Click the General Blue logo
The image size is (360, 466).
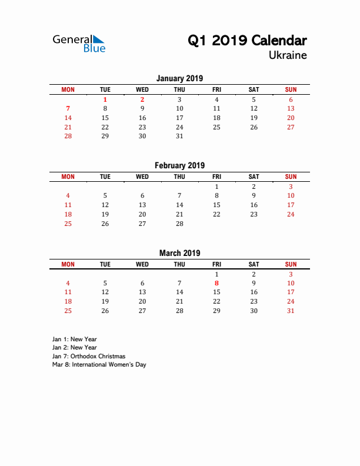(79, 43)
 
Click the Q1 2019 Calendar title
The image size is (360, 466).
(247, 41)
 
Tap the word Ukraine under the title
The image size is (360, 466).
(288, 55)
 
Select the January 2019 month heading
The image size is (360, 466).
(179, 78)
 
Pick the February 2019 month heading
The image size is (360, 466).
(179, 165)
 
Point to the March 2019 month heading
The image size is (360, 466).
(179, 253)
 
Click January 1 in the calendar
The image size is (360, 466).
(105, 99)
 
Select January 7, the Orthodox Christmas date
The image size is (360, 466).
(68, 108)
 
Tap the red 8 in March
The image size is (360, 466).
(216, 283)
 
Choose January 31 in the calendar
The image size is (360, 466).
(179, 136)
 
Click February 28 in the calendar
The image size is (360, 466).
(179, 223)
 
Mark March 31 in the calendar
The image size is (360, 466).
(291, 311)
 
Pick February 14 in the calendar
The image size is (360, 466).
(179, 205)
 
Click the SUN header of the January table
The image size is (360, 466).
(291, 89)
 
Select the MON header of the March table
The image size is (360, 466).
(68, 264)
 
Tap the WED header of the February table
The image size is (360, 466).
(142, 177)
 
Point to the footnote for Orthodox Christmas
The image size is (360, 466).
(88, 356)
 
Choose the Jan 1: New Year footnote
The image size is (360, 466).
(74, 339)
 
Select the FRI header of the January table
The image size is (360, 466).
(216, 89)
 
